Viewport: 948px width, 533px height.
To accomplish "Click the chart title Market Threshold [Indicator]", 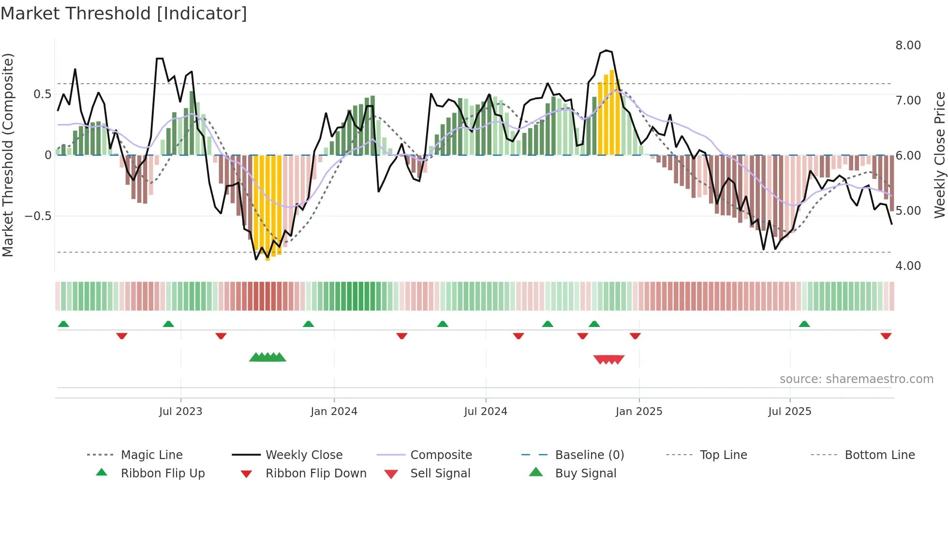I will click(x=124, y=14).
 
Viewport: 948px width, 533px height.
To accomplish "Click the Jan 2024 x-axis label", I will click(x=334, y=412).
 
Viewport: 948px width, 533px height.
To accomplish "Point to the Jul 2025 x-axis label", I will click(x=789, y=412).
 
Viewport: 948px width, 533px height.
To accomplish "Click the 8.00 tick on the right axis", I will click(x=908, y=45).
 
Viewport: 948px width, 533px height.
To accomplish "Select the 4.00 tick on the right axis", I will click(x=908, y=266).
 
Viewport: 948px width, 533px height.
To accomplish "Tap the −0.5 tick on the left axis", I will click(x=38, y=216).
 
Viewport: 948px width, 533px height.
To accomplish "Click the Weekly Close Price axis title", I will click(x=939, y=155).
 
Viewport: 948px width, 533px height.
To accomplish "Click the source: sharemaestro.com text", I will click(x=856, y=379).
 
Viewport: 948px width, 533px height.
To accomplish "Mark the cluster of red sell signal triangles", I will click(x=609, y=359).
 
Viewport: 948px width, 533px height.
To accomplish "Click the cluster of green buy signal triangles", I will click(x=267, y=357).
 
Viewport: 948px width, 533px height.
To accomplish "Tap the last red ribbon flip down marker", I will click(x=886, y=336).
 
